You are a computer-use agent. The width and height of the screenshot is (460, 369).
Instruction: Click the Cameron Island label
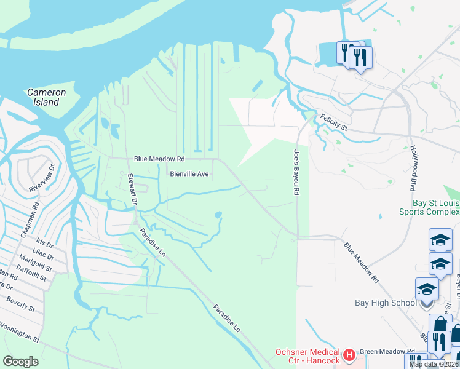(47, 97)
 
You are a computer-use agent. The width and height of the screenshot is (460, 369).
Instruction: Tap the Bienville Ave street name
(190, 174)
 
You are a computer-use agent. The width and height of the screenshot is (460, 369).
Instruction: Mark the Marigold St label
(35, 265)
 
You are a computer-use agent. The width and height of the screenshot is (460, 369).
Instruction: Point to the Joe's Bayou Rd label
(296, 172)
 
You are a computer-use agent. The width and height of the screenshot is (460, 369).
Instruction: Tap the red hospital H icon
(349, 355)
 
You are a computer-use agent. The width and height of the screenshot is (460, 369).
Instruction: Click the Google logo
(21, 362)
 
